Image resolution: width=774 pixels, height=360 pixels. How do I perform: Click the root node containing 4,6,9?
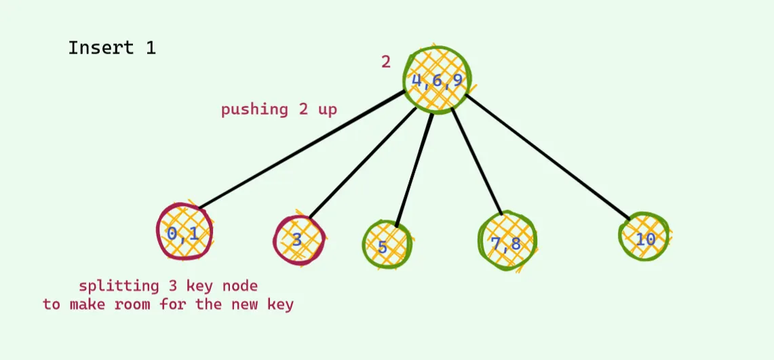436,81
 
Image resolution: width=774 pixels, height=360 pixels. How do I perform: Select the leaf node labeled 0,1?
185,231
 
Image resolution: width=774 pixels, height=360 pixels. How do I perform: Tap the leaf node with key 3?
298,240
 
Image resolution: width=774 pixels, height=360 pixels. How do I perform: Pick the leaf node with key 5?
387,244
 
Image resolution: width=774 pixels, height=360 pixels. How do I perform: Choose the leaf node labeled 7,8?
507,241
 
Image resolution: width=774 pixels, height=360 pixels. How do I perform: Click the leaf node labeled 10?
644,237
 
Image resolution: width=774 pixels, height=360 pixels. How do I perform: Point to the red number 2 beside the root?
385,62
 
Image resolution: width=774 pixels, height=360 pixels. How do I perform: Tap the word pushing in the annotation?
254,109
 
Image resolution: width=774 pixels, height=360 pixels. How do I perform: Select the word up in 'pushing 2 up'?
327,109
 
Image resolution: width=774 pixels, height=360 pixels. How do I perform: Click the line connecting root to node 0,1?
302,149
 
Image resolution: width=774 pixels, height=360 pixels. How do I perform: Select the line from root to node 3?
362,163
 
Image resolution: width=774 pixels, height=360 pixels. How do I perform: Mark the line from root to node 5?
414,169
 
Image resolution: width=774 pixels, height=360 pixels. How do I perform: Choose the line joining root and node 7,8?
477,162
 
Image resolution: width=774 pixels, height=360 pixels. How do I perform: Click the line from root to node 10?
547,157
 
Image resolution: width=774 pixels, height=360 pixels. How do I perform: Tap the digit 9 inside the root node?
457,81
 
